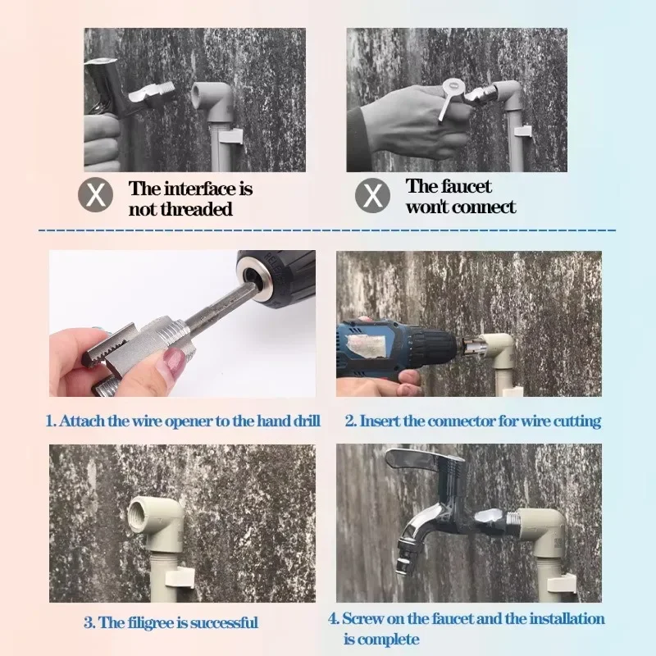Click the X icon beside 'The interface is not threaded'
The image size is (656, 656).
[x=96, y=196]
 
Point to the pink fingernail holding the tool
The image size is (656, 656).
[x=171, y=360]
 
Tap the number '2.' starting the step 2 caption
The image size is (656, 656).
[x=350, y=421]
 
